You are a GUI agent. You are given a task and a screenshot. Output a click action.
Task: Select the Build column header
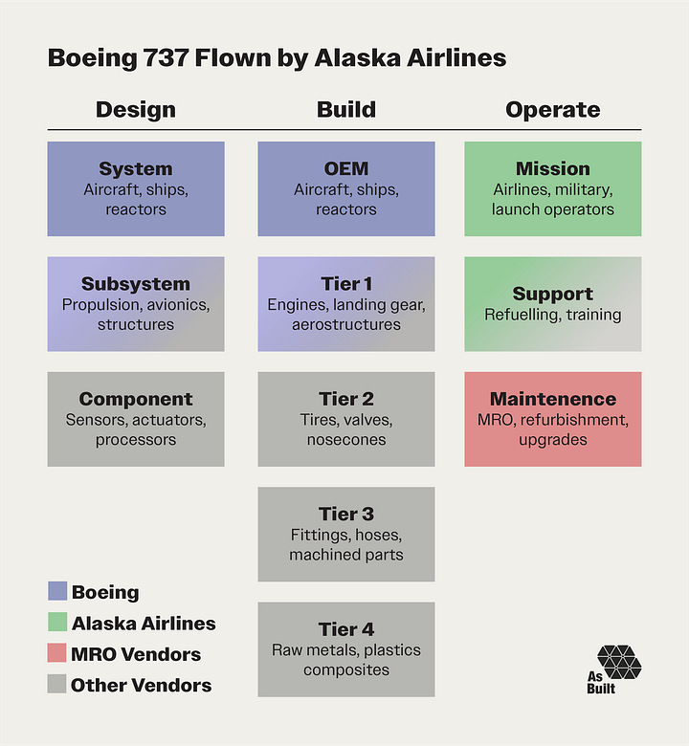(345, 109)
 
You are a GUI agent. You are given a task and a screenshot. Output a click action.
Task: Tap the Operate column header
(552, 109)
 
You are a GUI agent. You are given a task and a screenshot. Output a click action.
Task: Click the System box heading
(135, 169)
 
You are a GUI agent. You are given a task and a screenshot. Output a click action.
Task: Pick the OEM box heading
(345, 169)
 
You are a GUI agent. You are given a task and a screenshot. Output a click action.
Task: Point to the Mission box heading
(552, 169)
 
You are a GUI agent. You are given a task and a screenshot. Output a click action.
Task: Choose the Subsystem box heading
(135, 284)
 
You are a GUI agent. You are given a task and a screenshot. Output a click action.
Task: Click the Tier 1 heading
(345, 284)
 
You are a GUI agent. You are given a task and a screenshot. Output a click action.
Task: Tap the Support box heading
(552, 294)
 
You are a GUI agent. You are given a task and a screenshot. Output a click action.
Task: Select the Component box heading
(135, 399)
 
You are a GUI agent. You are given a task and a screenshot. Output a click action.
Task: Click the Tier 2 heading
(345, 399)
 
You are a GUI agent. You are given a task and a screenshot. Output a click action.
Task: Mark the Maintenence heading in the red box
(552, 399)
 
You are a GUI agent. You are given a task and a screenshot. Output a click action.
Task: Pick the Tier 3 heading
(345, 515)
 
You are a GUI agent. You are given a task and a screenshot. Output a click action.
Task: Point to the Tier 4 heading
(345, 629)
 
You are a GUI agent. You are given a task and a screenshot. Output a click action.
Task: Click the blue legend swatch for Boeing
(57, 592)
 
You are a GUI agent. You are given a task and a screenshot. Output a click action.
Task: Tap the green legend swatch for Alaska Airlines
(57, 624)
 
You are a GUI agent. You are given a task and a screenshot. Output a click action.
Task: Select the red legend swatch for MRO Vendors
(57, 654)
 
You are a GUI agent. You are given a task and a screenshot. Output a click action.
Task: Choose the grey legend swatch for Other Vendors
(57, 685)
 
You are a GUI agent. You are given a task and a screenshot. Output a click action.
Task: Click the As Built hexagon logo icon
(619, 661)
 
